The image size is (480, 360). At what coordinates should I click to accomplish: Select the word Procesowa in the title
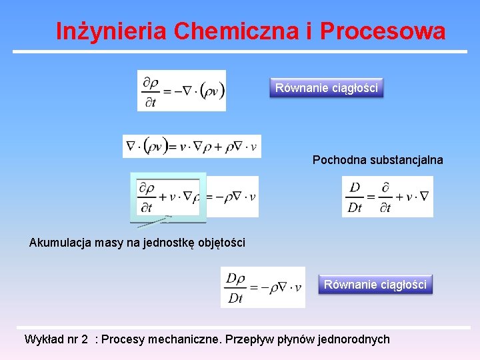pyautogui.click(x=383, y=31)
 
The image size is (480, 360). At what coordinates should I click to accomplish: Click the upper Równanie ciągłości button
pyautogui.click(x=327, y=87)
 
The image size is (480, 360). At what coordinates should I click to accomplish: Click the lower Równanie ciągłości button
pyautogui.click(x=375, y=285)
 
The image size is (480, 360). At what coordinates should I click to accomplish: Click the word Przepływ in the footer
pyautogui.click(x=251, y=339)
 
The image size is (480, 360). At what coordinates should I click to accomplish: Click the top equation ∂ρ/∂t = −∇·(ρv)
pyautogui.click(x=181, y=91)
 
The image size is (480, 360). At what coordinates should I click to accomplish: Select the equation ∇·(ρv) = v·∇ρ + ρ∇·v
pyautogui.click(x=191, y=146)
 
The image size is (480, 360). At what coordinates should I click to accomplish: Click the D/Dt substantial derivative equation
pyautogui.click(x=387, y=197)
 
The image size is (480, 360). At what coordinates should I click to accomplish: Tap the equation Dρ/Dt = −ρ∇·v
pyautogui.click(x=263, y=287)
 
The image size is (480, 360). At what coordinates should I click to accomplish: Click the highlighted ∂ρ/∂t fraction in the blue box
pyautogui.click(x=147, y=197)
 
